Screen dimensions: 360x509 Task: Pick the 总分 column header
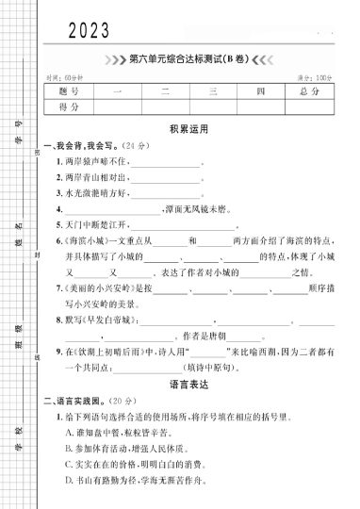(309, 91)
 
